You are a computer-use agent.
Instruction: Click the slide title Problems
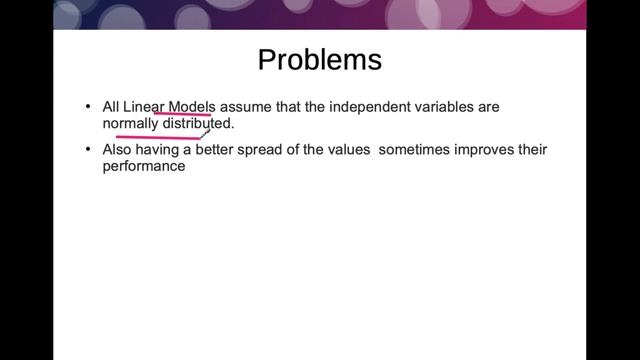click(x=319, y=60)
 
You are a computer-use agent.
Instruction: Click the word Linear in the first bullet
click(x=144, y=106)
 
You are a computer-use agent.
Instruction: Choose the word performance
click(x=144, y=167)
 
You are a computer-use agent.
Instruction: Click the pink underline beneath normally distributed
click(x=150, y=136)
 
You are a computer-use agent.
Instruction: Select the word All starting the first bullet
click(x=111, y=106)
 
